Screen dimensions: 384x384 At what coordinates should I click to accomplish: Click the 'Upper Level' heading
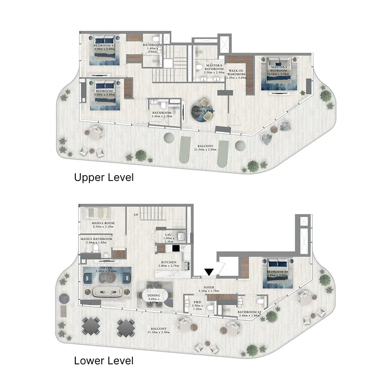tap(104, 177)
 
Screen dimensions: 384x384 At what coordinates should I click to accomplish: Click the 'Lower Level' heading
tap(104, 360)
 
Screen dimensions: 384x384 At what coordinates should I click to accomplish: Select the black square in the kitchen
tap(176, 248)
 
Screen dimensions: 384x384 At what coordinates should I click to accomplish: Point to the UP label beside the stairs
tap(137, 215)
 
